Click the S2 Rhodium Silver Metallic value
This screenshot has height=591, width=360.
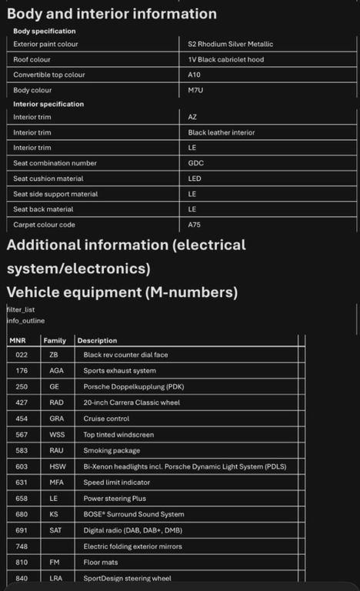pos(230,44)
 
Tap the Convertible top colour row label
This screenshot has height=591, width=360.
pos(48,75)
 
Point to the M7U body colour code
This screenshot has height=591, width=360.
pos(195,90)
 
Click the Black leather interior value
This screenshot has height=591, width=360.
pos(222,132)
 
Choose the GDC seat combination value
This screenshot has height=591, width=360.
pos(195,163)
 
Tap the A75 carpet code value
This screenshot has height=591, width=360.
pos(195,225)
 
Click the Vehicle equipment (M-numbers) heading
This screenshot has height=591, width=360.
pos(122,292)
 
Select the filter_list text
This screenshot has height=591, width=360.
pos(21,309)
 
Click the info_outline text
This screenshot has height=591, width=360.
pos(25,320)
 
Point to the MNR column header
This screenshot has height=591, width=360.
pos(18,340)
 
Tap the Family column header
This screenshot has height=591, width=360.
pos(55,340)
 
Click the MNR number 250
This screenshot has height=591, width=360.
pos(22,386)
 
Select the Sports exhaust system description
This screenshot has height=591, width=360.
pos(119,371)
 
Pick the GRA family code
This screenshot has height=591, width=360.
pos(56,419)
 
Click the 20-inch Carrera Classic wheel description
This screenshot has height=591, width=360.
pos(132,402)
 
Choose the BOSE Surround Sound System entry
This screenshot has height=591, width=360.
pos(134,514)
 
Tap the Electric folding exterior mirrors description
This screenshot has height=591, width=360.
pos(133,546)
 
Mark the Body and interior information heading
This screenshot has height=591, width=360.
pos(112,13)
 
